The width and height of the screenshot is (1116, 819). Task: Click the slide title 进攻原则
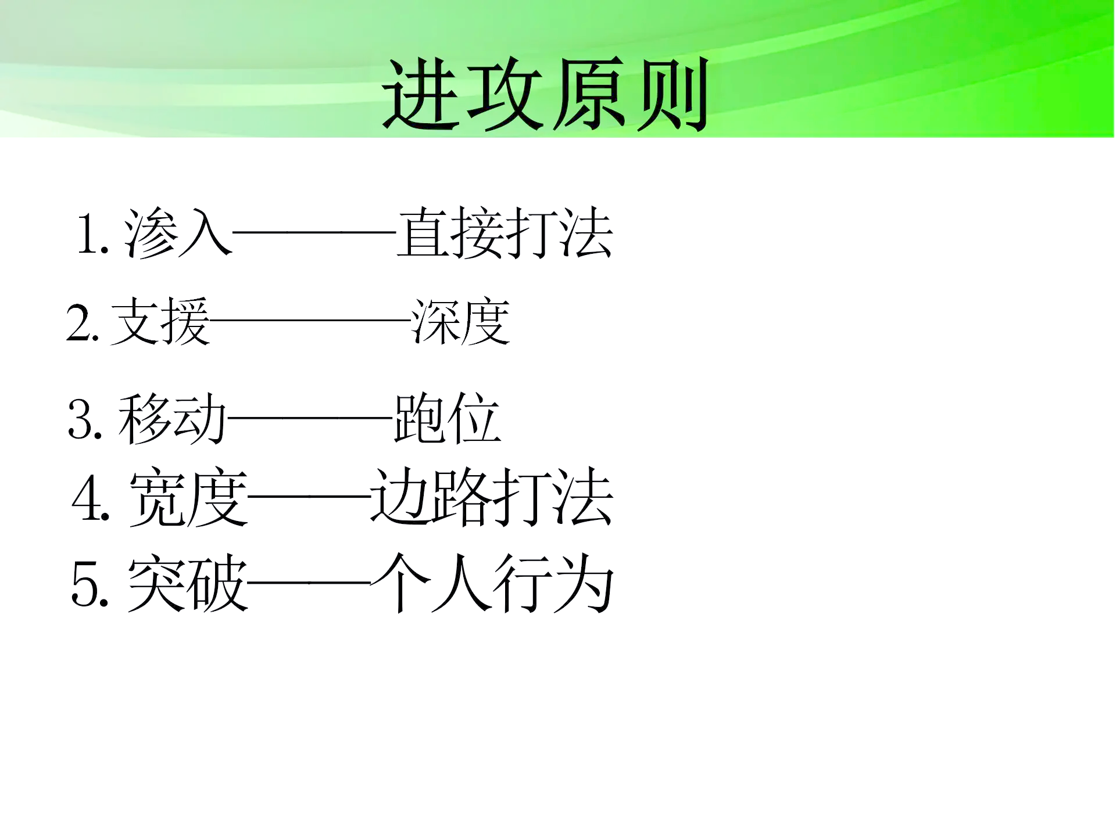(x=545, y=94)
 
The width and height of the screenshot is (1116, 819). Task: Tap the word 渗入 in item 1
(x=178, y=234)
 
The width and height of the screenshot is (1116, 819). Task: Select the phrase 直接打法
(x=505, y=234)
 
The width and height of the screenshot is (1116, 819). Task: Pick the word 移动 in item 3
(x=172, y=418)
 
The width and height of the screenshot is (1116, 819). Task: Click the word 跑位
(x=446, y=418)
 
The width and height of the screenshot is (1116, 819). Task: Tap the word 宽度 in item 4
(x=188, y=498)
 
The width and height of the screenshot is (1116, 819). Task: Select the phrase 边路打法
(x=492, y=498)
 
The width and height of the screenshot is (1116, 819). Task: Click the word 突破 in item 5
(x=187, y=583)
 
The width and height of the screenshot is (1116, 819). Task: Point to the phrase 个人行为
(x=492, y=583)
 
